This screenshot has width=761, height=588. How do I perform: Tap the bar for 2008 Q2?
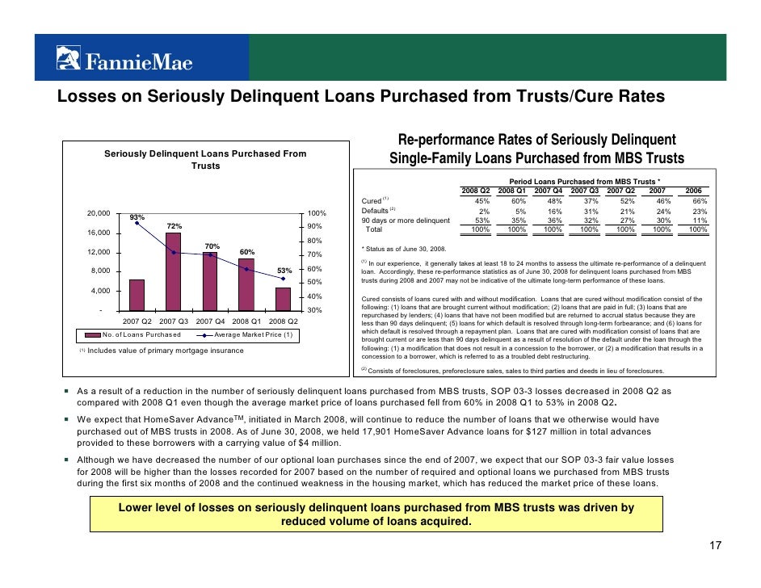point(283,299)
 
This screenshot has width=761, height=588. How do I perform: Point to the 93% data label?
point(137,217)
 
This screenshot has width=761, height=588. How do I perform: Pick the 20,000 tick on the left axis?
point(99,213)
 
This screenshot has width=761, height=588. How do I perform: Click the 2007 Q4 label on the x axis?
point(211,321)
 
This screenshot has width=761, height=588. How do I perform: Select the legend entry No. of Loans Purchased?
point(141,335)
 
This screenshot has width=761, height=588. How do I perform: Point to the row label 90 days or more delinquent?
point(406,220)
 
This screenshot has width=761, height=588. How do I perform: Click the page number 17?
point(714,547)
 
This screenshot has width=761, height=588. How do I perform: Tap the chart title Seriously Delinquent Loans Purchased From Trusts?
point(205,159)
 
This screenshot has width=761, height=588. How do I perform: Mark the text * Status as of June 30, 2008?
point(411,249)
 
